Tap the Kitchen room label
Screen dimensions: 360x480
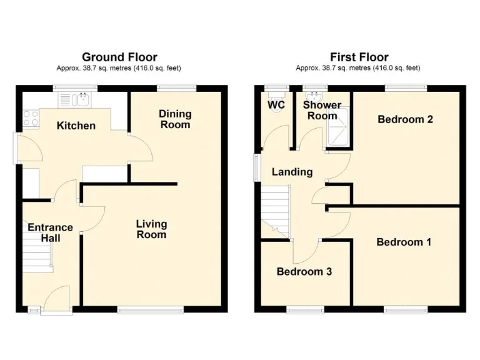tap(76, 126)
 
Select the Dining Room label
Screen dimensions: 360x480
tap(175, 119)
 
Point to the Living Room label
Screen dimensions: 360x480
tap(152, 229)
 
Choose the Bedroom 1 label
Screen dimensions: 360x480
tap(403, 242)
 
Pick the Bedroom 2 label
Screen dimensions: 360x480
tap(405, 119)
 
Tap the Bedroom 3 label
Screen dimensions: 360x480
tap(304, 272)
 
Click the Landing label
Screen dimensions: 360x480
tap(292, 172)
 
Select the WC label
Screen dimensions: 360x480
tap(276, 105)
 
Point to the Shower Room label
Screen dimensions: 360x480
tap(322, 110)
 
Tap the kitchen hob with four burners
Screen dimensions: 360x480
tap(29, 118)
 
